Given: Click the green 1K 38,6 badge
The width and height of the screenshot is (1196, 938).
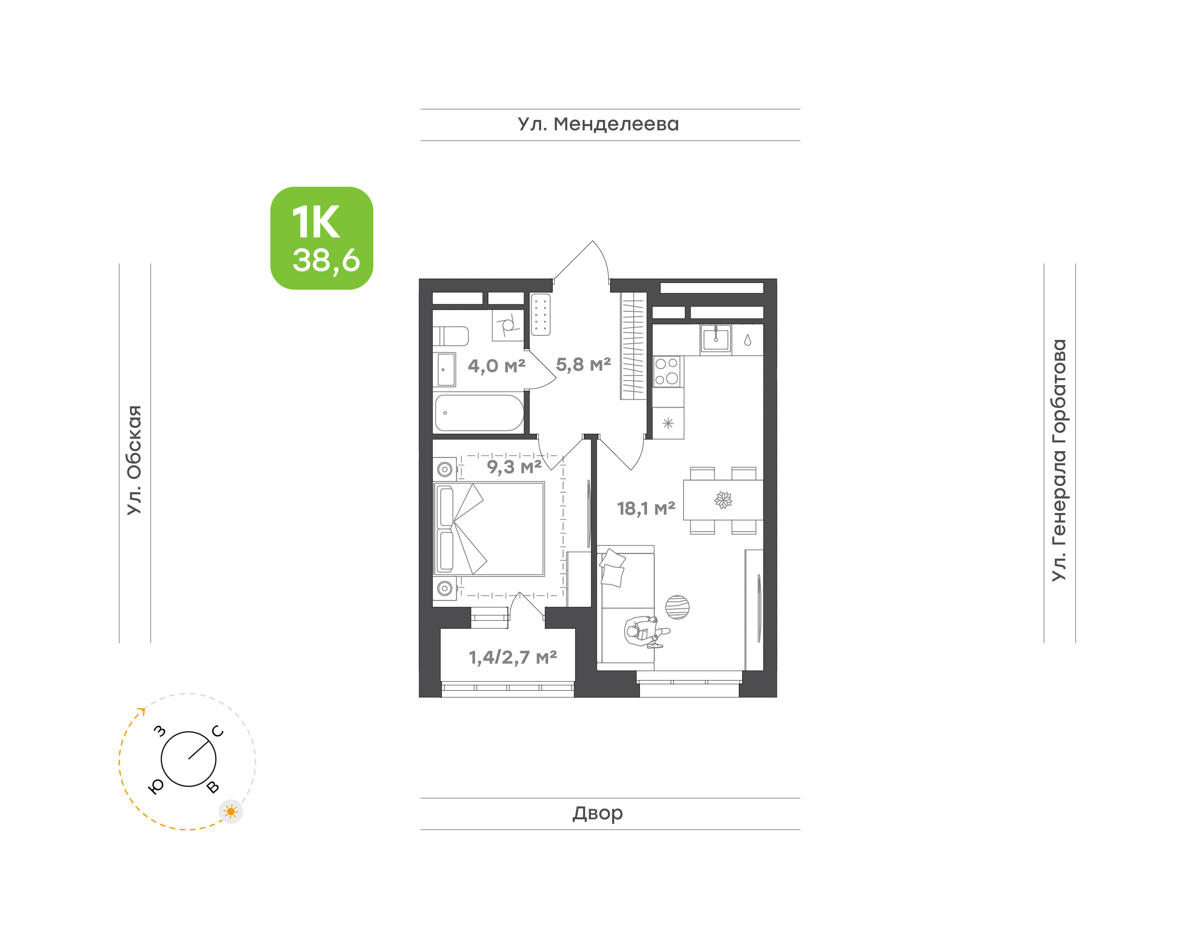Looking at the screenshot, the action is [321, 238].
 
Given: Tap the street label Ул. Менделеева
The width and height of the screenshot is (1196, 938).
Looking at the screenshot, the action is [598, 125].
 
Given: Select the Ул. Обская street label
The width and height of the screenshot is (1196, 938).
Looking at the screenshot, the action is [135, 460].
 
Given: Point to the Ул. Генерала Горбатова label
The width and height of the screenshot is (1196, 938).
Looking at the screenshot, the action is [1059, 460].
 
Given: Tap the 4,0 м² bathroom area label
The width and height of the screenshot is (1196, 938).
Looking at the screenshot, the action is [496, 365].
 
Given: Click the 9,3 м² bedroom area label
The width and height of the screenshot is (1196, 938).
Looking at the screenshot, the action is [514, 467].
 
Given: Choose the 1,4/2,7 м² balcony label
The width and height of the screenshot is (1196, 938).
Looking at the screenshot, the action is [512, 657].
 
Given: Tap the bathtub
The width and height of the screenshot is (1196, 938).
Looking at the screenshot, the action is [479, 413].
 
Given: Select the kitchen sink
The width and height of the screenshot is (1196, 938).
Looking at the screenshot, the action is [716, 338].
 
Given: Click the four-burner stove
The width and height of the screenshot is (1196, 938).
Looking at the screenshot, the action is [667, 372].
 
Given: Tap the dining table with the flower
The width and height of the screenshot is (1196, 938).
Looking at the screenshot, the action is [723, 500].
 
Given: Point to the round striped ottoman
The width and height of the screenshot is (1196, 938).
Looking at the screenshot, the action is [677, 607].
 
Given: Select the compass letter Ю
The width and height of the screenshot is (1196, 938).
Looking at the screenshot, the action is [157, 787].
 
